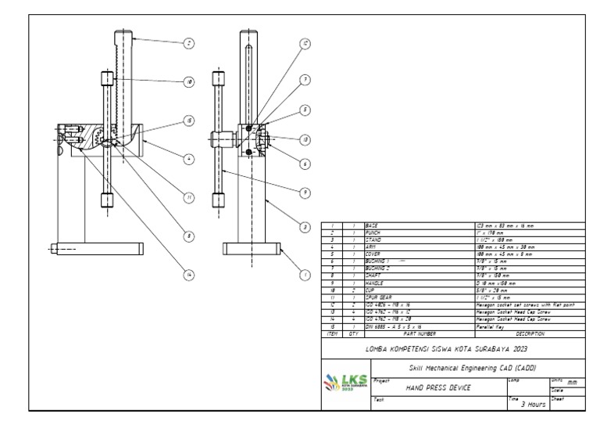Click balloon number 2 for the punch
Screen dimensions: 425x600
click(x=188, y=42)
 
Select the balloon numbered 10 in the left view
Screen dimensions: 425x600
click(x=188, y=81)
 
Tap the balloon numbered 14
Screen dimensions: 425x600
click(x=188, y=275)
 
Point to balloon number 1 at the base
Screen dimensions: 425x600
click(x=305, y=275)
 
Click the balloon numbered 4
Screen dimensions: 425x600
click(x=188, y=158)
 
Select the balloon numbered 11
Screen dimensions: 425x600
click(x=188, y=197)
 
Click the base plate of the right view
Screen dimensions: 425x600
click(x=251, y=250)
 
